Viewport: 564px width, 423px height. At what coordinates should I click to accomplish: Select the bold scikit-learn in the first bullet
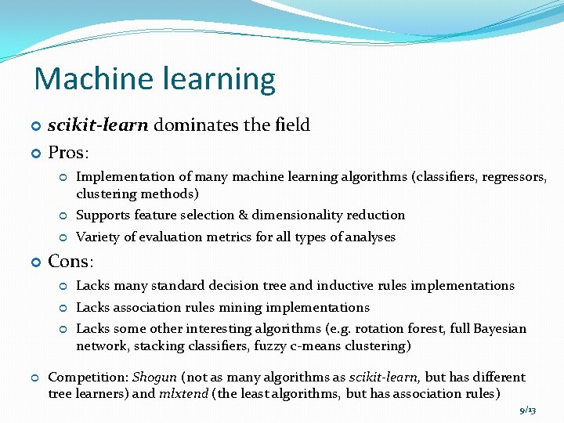[x=98, y=125]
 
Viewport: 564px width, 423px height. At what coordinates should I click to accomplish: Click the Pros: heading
[x=69, y=151]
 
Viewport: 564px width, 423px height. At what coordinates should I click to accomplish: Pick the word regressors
[x=515, y=177]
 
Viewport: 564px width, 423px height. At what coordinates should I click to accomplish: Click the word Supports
[x=103, y=215]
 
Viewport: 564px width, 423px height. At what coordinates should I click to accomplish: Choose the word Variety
[x=97, y=237]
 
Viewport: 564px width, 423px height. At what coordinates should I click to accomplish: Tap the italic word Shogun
[x=154, y=378]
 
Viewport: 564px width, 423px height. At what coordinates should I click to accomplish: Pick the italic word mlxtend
[x=183, y=393]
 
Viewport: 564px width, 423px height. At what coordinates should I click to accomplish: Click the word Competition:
[x=89, y=378]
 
